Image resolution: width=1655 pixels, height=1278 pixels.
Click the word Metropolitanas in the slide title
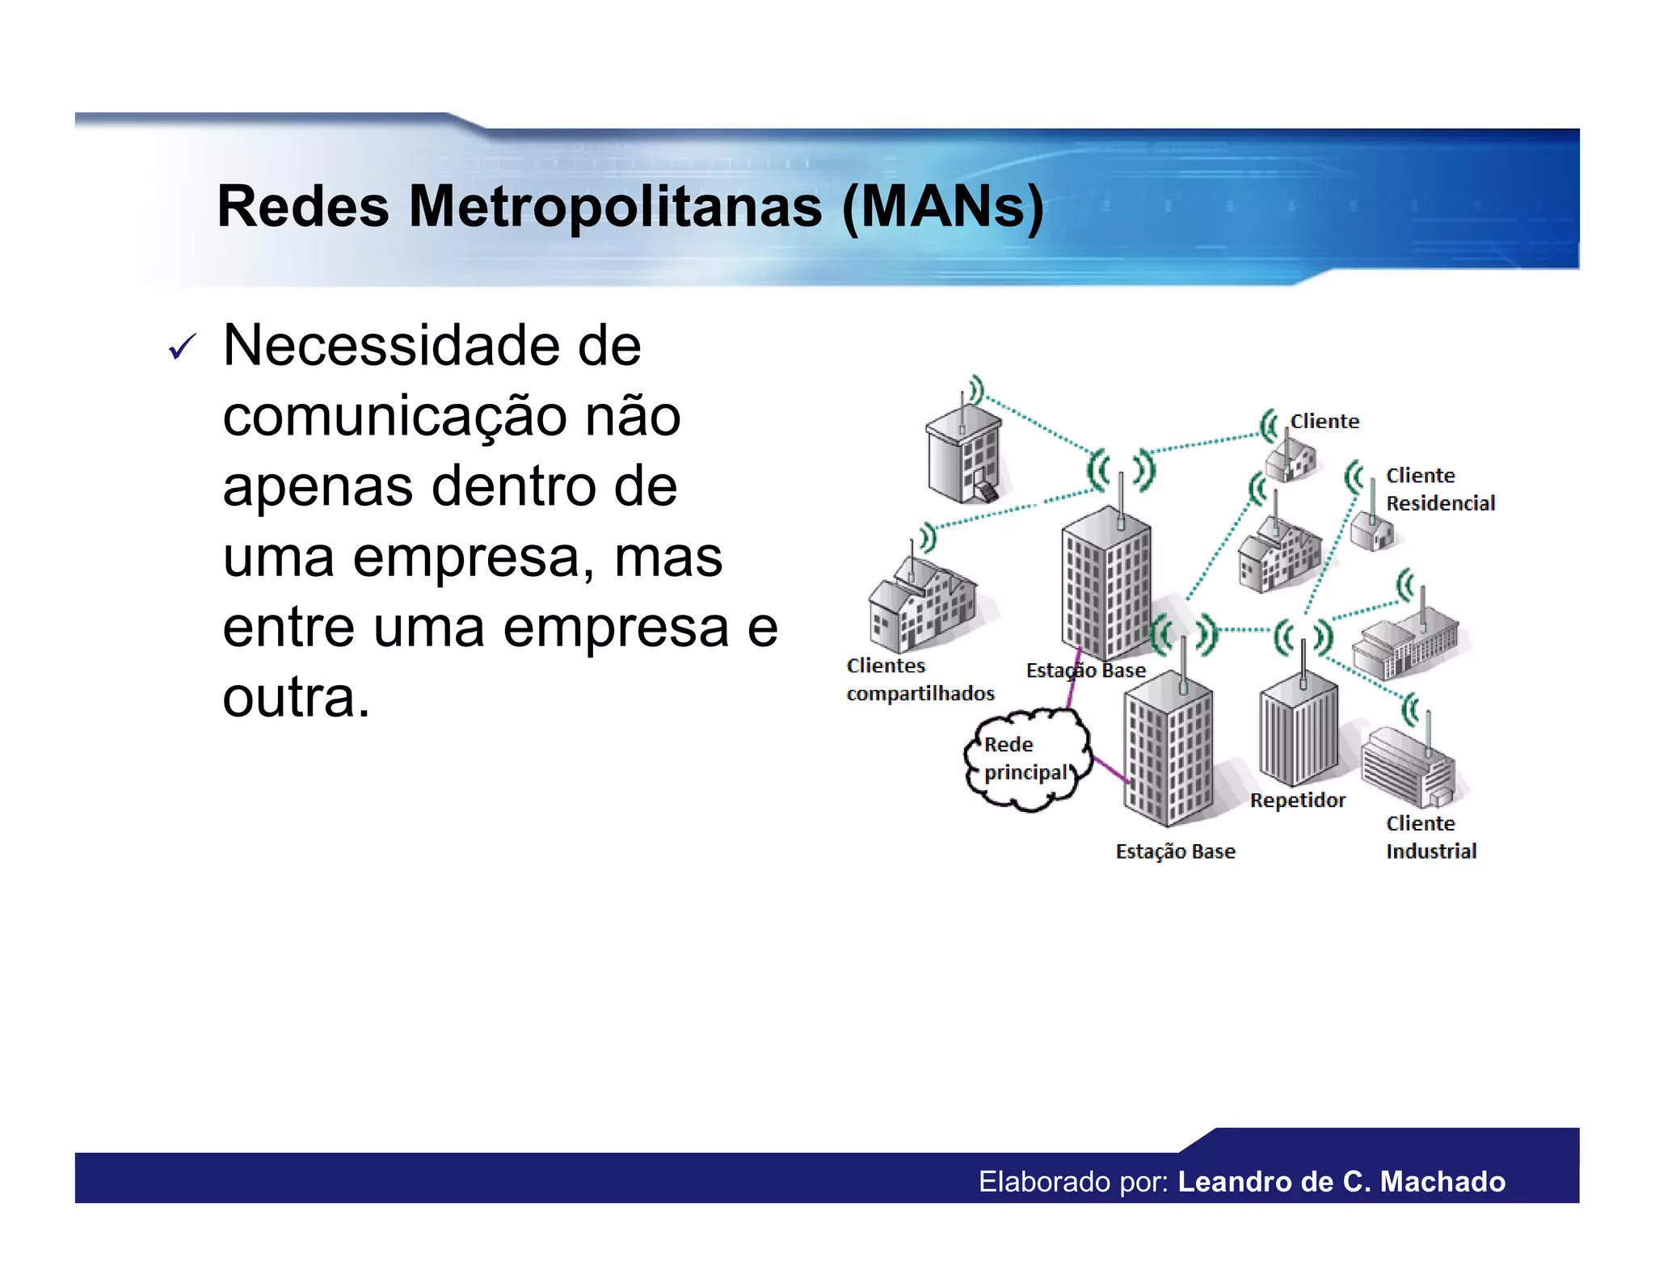615,207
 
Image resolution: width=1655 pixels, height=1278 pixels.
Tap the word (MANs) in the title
942,207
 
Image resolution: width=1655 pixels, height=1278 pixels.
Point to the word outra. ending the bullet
296,697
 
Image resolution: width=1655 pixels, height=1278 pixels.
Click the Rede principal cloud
1026,759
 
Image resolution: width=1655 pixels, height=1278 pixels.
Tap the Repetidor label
1297,800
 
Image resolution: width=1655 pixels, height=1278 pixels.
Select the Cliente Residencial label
1440,489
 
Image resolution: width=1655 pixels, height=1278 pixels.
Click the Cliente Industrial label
1430,837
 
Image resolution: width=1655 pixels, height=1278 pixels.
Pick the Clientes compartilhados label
920,679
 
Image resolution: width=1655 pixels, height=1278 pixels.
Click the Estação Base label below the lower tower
1175,851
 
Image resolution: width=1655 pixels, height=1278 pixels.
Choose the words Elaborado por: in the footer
1073,1182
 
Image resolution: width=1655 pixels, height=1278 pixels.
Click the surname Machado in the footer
1442,1182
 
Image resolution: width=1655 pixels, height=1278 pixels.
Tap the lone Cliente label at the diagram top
1324,421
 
